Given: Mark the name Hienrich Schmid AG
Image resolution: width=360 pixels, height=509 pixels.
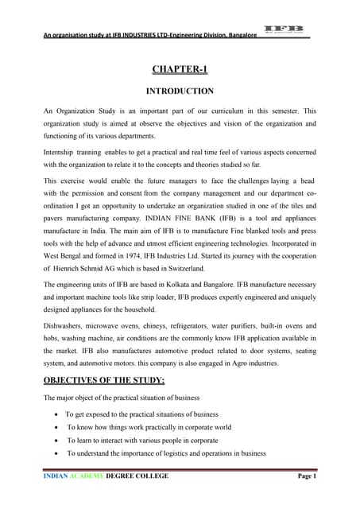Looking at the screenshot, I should pos(88,278).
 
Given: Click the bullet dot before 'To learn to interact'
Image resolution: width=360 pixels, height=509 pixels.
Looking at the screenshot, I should pos(54,440).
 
